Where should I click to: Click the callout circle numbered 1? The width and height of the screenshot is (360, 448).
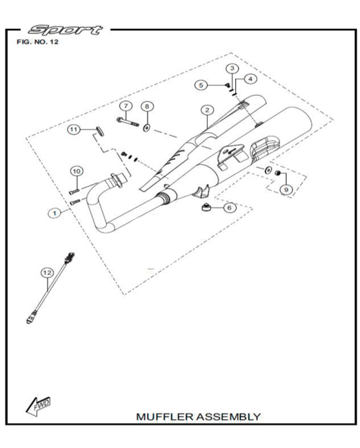pyautogui.click(x=54, y=213)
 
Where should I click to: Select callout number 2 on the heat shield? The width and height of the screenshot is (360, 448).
pyautogui.click(x=208, y=110)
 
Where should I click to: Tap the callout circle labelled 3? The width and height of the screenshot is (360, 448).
pyautogui.click(x=232, y=68)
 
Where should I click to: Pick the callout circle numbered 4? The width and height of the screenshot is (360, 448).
pyautogui.click(x=250, y=79)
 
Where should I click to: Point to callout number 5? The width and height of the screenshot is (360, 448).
pyautogui.click(x=201, y=85)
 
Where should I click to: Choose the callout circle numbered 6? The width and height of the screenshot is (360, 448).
pyautogui.click(x=230, y=207)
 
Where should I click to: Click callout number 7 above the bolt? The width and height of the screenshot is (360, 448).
pyautogui.click(x=126, y=106)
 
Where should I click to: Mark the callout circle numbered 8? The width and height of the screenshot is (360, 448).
pyautogui.click(x=147, y=107)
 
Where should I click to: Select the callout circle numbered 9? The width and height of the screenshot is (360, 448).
pyautogui.click(x=286, y=190)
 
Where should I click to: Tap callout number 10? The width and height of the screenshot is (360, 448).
pyautogui.click(x=77, y=172)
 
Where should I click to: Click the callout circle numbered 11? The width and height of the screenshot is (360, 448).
pyautogui.click(x=74, y=130)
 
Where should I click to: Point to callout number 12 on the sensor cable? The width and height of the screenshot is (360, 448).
pyautogui.click(x=47, y=273)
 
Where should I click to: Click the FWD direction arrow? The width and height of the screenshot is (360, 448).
pyautogui.click(x=38, y=406)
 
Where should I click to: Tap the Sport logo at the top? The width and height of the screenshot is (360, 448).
pyautogui.click(x=66, y=30)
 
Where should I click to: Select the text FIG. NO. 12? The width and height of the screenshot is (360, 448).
pyautogui.click(x=37, y=42)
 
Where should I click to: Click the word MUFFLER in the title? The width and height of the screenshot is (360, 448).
pyautogui.click(x=165, y=417)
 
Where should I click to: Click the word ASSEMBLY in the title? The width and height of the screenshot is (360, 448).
pyautogui.click(x=228, y=417)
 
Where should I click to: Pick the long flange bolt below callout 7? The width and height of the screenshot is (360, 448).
pyautogui.click(x=128, y=122)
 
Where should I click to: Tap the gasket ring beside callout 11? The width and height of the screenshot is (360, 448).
pyautogui.click(x=99, y=130)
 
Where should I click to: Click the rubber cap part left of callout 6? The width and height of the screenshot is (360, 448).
pyautogui.click(x=206, y=207)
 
